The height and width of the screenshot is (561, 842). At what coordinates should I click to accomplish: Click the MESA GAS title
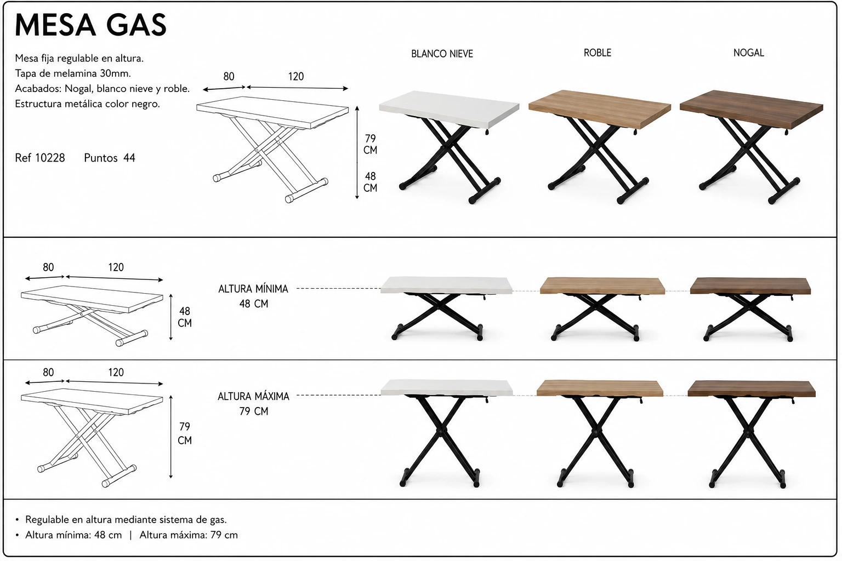click(90, 25)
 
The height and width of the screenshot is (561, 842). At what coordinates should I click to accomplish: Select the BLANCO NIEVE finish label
click(442, 54)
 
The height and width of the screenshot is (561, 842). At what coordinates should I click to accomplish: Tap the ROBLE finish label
click(598, 53)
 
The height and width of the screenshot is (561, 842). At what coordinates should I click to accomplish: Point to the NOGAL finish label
click(748, 53)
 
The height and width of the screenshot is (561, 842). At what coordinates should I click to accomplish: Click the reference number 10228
click(50, 158)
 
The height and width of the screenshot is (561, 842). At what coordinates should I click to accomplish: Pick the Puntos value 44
click(129, 158)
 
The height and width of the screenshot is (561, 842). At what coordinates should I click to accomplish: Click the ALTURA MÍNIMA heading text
click(253, 289)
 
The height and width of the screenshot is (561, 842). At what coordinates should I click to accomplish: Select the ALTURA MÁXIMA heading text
click(253, 397)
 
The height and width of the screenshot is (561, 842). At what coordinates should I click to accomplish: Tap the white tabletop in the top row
click(449, 109)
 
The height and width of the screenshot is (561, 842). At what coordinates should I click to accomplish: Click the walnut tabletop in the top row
click(751, 109)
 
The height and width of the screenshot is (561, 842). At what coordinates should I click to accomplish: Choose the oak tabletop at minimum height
click(602, 286)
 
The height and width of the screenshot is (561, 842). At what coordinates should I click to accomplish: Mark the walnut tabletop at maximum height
click(752, 388)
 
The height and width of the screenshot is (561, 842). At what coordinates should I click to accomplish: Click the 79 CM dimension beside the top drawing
click(370, 144)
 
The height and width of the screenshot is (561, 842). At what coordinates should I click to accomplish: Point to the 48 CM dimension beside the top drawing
click(370, 182)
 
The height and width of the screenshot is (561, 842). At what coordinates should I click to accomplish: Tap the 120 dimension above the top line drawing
click(296, 77)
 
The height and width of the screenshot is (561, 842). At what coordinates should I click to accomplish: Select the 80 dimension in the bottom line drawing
click(48, 373)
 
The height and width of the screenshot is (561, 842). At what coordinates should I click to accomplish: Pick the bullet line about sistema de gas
click(126, 520)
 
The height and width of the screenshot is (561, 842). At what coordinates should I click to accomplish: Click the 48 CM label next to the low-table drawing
click(185, 317)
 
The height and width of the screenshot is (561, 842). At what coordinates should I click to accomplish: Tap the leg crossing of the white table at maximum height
click(439, 431)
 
